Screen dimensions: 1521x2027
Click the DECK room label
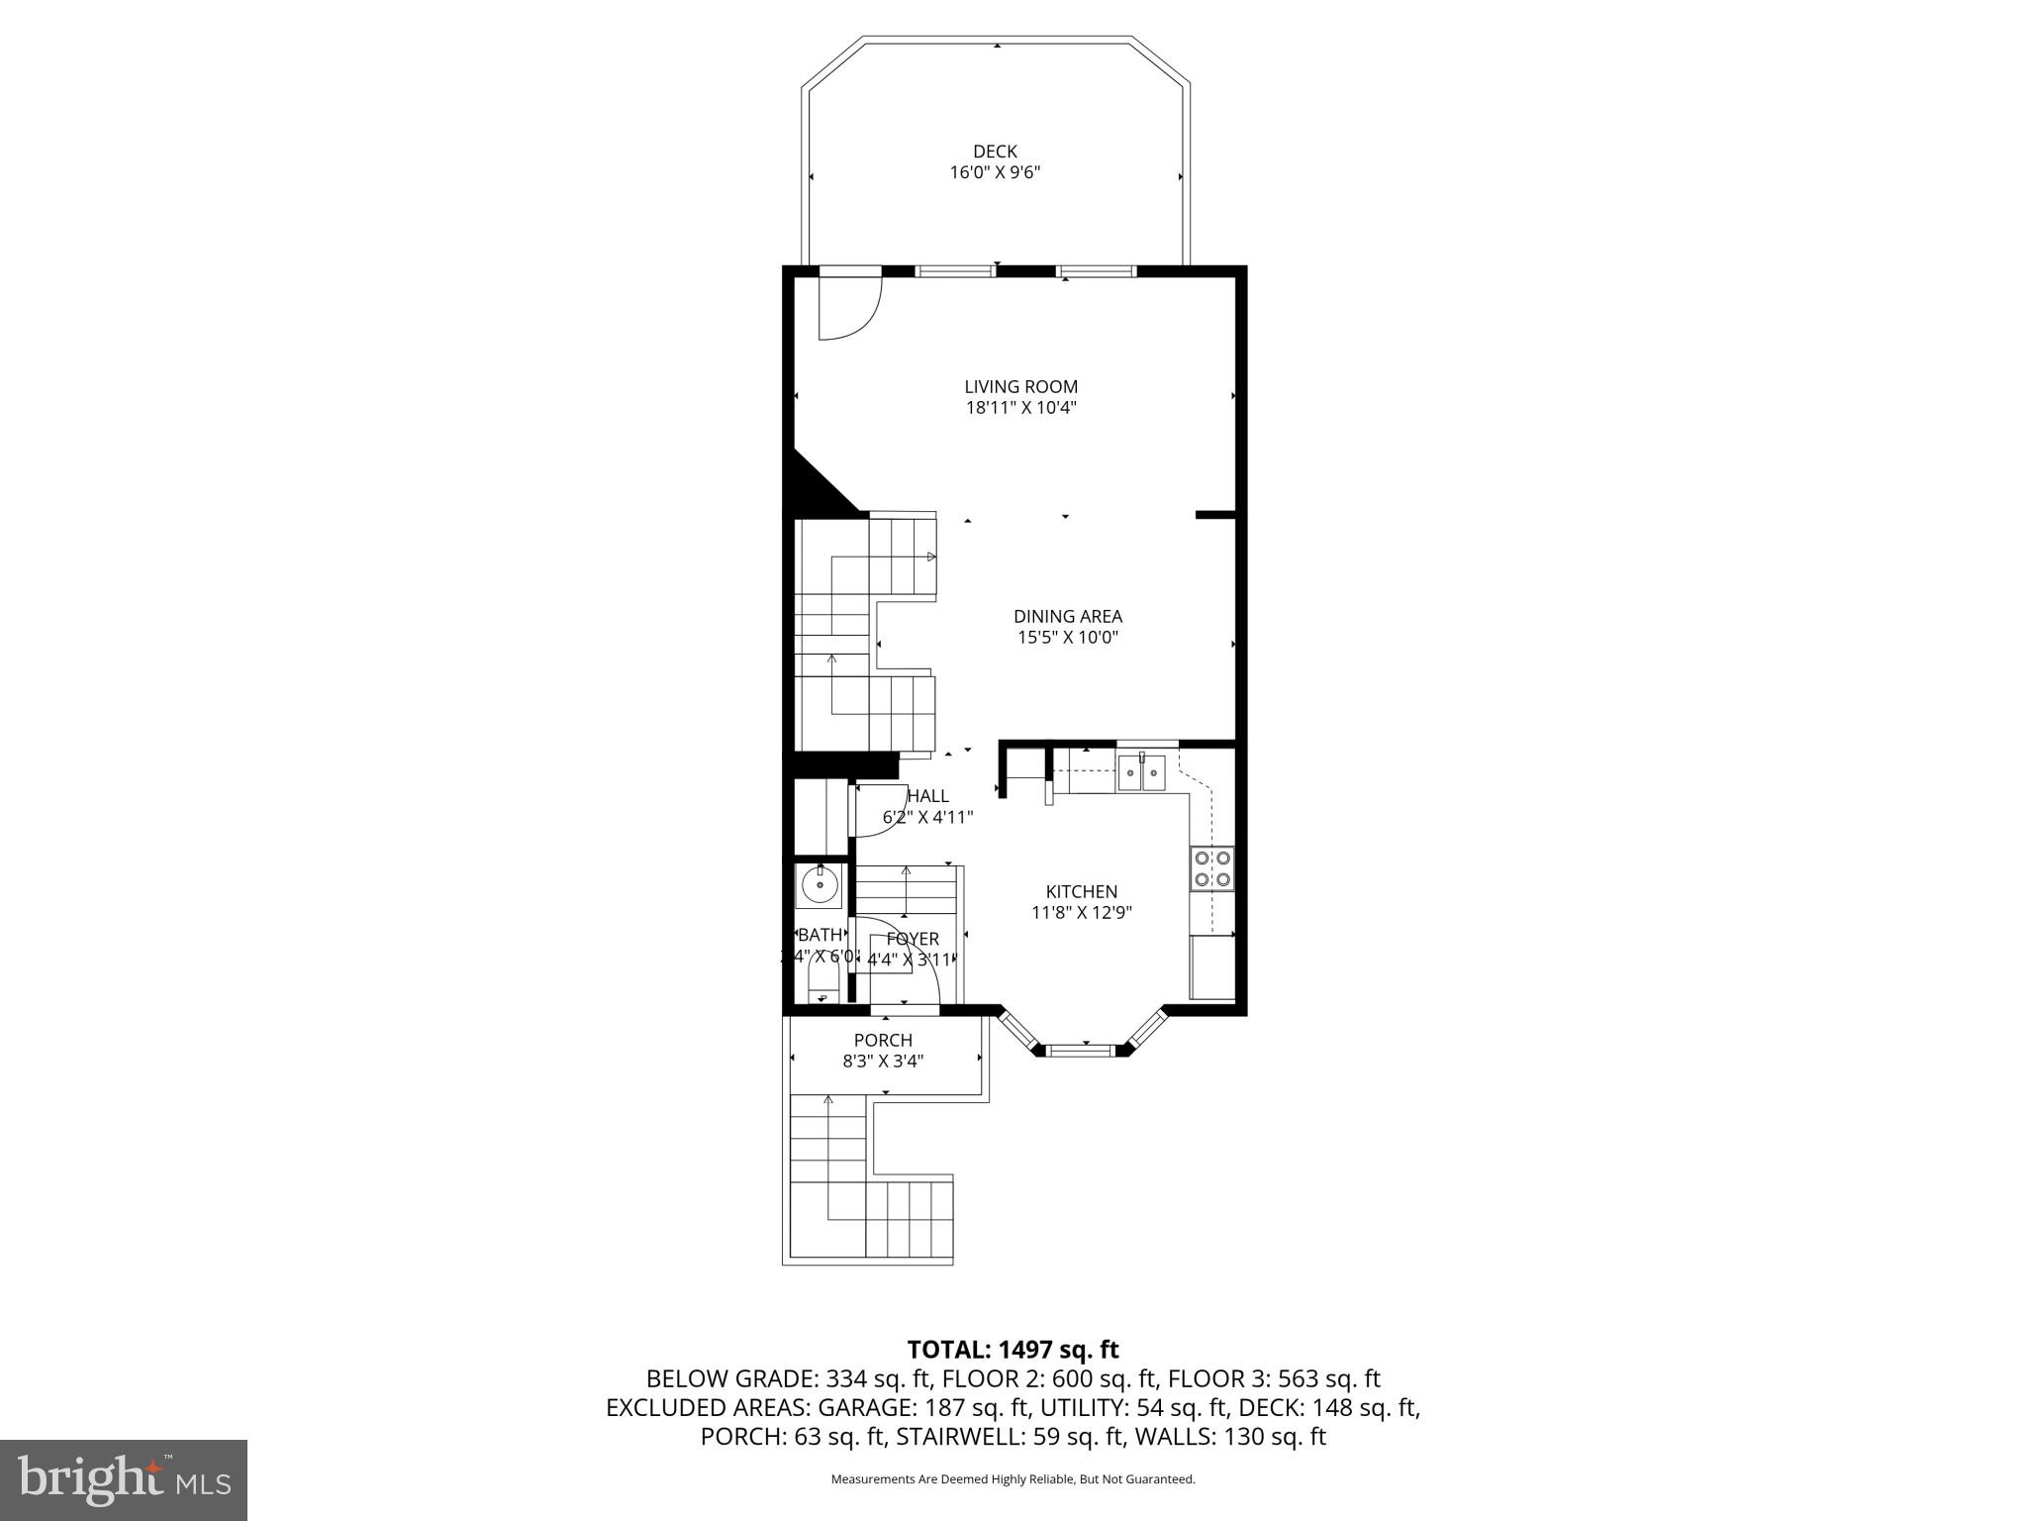(995, 152)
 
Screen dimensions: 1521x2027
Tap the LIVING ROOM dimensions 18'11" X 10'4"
(1020, 408)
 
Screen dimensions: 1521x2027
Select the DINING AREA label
(1067, 617)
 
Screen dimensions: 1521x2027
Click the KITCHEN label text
(1081, 892)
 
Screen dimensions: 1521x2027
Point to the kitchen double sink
(1142, 772)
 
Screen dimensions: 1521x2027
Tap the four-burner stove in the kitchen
(1212, 868)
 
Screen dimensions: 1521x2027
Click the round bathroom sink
(820, 883)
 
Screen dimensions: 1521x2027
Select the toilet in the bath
(822, 986)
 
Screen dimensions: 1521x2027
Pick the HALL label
(927, 796)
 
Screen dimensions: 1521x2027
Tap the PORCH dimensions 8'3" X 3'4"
(883, 1062)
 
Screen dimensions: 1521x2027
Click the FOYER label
(913, 939)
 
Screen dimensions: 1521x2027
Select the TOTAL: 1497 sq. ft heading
(1013, 1349)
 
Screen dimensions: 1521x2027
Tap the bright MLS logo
(124, 1479)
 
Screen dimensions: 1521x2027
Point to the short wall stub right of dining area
(1215, 515)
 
